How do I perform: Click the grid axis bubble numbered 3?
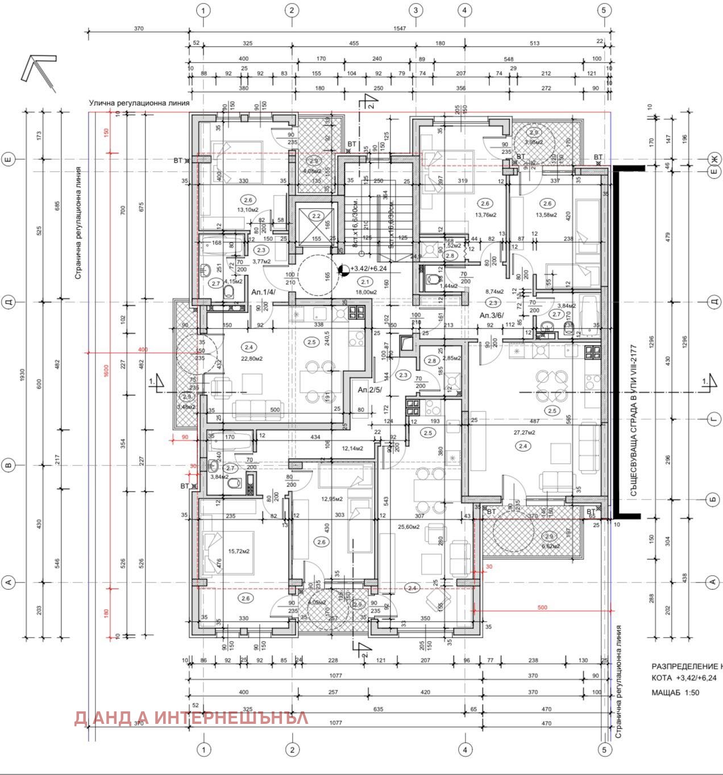coord(415,10)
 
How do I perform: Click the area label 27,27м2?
coord(524,432)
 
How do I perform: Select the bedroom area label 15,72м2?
coord(239,551)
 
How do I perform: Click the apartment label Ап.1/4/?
coord(263,291)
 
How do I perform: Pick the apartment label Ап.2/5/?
coord(369,390)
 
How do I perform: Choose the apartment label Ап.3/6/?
coord(492,315)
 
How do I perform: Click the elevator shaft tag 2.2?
coord(316,216)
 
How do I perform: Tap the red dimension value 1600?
coord(106,374)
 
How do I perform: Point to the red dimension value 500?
coord(542,607)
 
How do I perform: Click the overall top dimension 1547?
coord(400,28)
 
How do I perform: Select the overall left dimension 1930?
coord(23,375)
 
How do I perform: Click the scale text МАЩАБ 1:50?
coord(675,693)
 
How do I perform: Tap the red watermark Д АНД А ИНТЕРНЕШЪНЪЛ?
coord(191,718)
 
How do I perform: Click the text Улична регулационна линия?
coord(139,103)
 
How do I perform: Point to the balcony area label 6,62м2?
coord(551,546)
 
